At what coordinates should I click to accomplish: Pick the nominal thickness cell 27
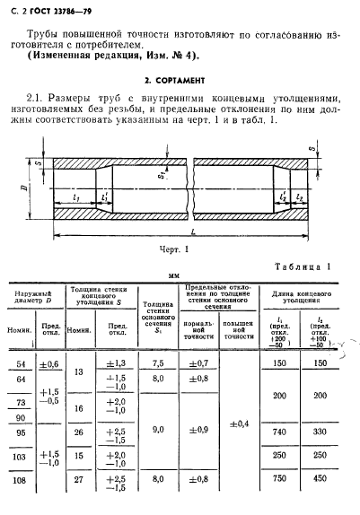79,480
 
